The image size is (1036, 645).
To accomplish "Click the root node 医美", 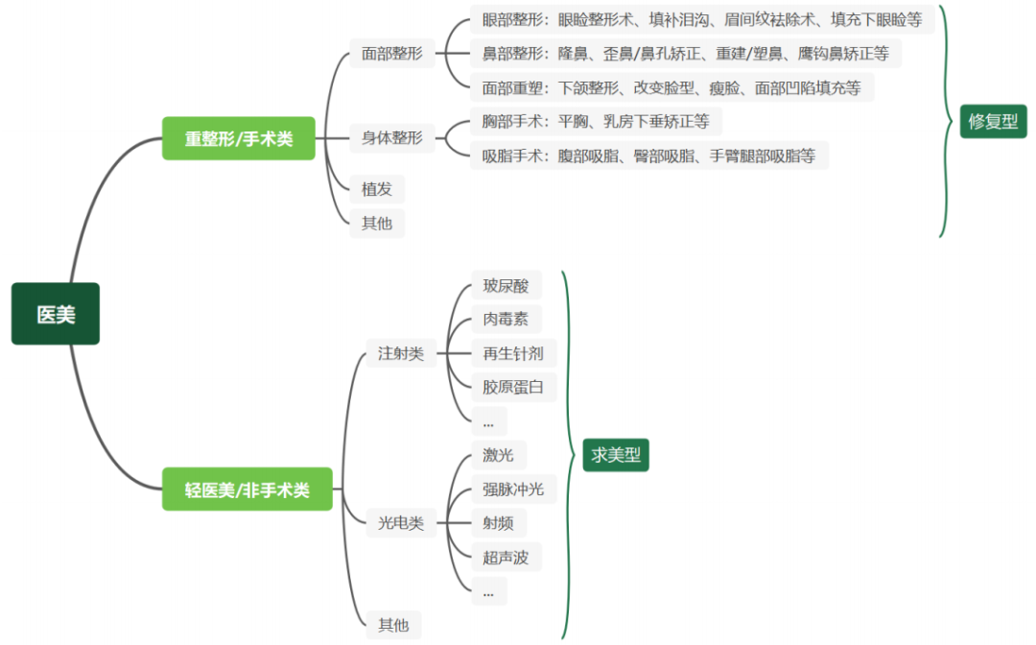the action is coord(56,314).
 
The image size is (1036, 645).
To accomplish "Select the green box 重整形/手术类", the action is coord(239,138).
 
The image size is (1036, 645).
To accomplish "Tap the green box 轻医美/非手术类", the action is coord(247,490).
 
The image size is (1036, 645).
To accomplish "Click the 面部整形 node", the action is coord(391,54).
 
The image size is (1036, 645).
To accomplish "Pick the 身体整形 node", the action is coord(391,137).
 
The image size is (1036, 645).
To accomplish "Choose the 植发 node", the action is coord(377,189).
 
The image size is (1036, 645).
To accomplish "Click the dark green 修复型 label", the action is coord(993,121).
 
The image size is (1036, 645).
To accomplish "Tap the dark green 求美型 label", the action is coord(616,455).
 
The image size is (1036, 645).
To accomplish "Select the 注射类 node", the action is coord(401,353).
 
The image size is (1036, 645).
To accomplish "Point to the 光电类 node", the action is coord(401,523).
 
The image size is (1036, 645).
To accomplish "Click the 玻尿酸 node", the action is coord(506,285).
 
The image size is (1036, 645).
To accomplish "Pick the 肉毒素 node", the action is coord(506,320).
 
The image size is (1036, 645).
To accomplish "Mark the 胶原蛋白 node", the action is coord(514,387).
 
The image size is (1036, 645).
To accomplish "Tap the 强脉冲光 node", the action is coord(514,490).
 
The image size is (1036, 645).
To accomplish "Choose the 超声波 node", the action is coord(506,557).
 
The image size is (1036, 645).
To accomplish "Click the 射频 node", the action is coord(499,523).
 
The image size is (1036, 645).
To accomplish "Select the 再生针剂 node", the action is coord(514,353).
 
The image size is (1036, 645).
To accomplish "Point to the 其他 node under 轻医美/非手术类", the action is coord(394,625).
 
